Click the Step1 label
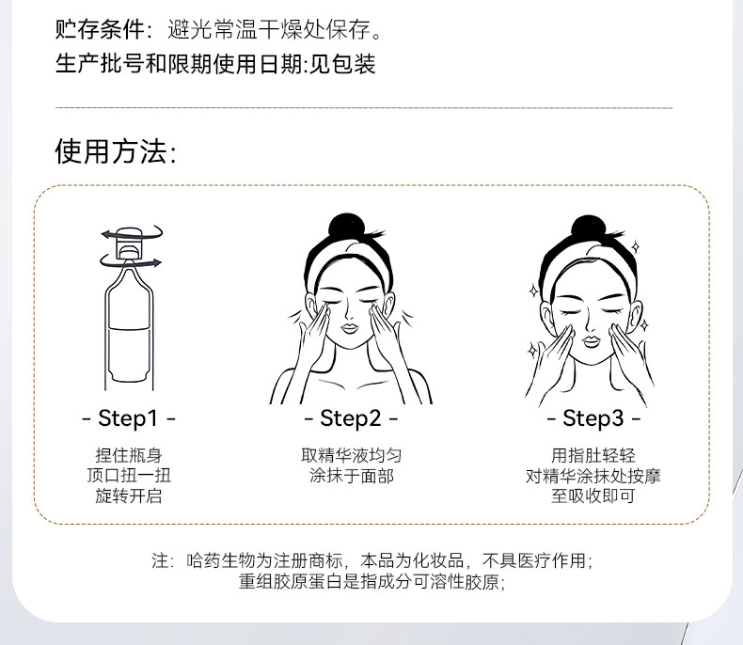pos(129,418)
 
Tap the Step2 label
pos(351,418)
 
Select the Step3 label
pos(593,418)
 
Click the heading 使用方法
pos(116,151)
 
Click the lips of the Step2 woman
pos(350,328)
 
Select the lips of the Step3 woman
pos(591,341)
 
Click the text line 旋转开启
pos(129,496)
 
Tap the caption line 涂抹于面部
pos(351,476)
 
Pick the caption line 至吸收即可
pos(593,496)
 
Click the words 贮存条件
pos(100,29)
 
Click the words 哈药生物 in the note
pos(221,560)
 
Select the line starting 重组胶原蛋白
pos(372,582)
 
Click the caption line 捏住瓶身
pos(129,455)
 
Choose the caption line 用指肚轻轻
pos(593,455)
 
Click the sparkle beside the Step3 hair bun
pos(636,246)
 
